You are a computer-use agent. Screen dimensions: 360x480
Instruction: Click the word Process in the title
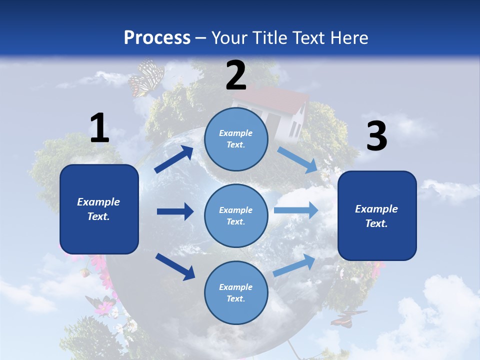(x=157, y=37)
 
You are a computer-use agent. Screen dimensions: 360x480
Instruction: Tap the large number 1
(x=99, y=128)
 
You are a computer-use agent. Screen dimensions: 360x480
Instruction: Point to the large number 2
(x=236, y=75)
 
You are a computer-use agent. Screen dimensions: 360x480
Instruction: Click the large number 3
(x=376, y=136)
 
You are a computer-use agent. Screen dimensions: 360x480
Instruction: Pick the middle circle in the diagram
(x=236, y=215)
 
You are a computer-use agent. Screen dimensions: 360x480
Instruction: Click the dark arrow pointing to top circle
(x=174, y=159)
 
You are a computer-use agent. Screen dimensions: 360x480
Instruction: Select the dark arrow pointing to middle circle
(x=175, y=211)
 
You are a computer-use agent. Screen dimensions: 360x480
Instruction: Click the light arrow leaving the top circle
(x=297, y=159)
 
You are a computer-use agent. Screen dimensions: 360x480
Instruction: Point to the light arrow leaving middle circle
(x=296, y=210)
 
